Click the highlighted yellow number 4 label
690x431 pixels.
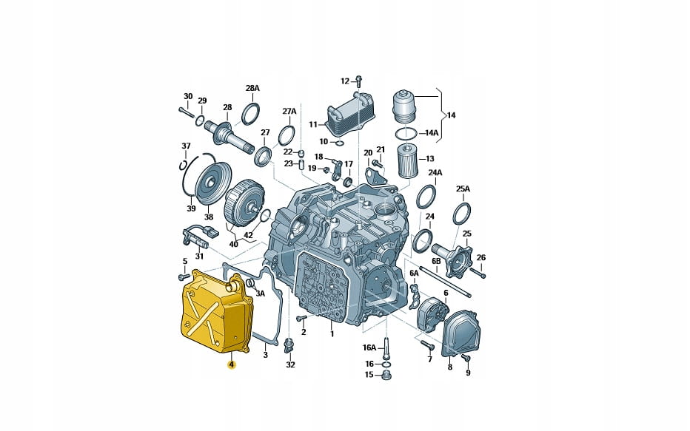(232, 364)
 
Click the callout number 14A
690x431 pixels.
(432, 132)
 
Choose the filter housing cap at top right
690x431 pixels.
(404, 107)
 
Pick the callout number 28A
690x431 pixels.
(252, 88)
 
